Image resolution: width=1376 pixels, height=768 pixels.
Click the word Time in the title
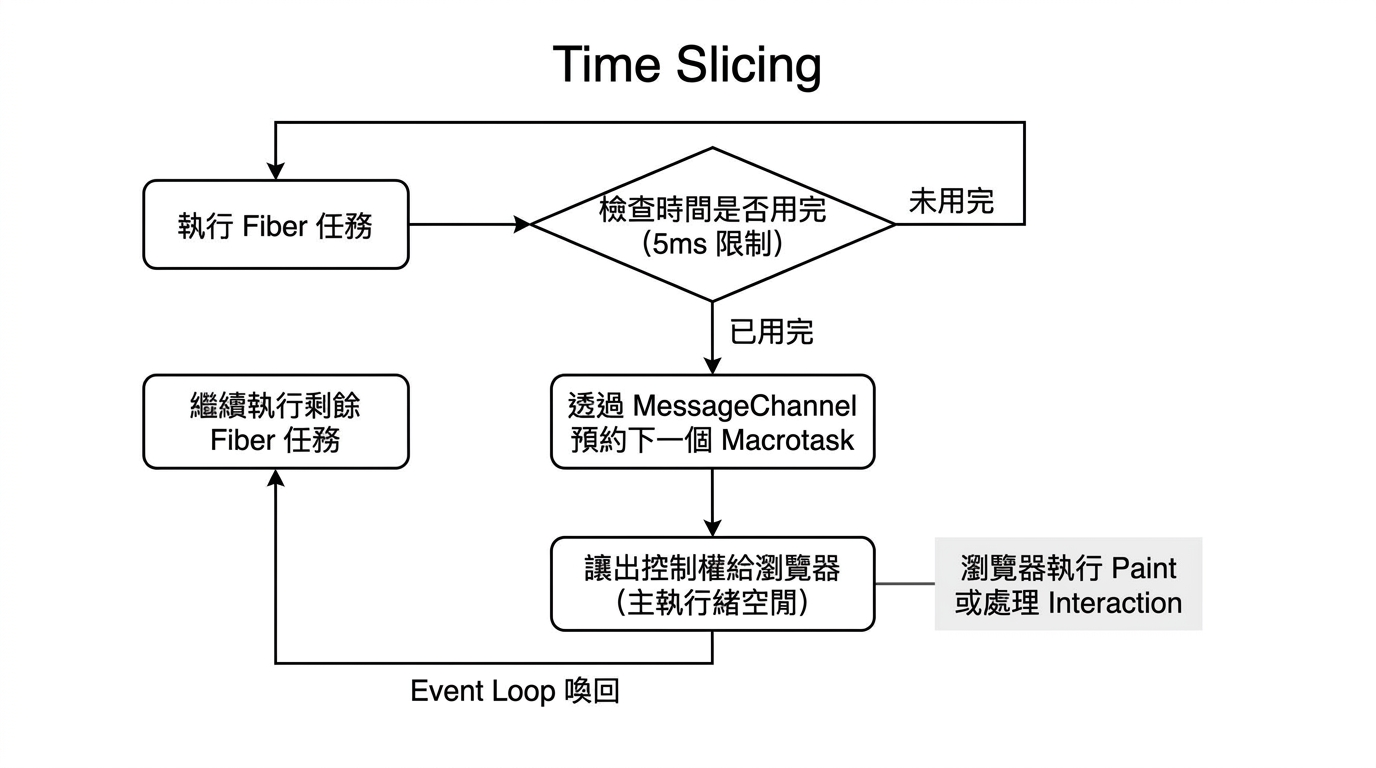[607, 64]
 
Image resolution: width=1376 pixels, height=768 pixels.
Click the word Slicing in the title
[749, 66]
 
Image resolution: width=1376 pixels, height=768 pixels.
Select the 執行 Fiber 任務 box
[276, 224]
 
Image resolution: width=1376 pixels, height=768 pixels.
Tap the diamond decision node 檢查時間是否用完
[713, 224]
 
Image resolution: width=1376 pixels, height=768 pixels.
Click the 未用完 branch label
[952, 201]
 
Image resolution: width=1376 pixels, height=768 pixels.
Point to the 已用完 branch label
[772, 332]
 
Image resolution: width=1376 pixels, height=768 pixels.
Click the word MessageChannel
[745, 406]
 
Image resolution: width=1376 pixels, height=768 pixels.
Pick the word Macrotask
[788, 440]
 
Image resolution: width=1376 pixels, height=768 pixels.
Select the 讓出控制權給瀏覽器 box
[713, 584]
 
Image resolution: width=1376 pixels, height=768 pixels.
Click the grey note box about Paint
[1068, 584]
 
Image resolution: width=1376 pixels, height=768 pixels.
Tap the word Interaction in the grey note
[1115, 603]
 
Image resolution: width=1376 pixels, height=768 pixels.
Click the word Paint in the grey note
[1144, 568]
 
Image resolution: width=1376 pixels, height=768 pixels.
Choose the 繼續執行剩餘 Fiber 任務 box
[276, 421]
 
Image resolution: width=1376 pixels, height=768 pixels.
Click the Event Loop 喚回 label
[515, 691]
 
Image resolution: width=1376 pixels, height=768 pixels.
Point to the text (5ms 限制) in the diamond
[713, 244]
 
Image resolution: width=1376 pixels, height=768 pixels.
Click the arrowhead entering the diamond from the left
[522, 224]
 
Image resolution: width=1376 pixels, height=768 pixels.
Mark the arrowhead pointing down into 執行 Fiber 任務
[276, 171]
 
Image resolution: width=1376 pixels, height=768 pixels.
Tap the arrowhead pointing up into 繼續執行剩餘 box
[276, 478]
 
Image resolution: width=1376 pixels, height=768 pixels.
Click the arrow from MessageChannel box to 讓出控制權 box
[713, 503]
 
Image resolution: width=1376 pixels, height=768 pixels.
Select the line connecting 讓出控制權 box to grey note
[905, 584]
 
